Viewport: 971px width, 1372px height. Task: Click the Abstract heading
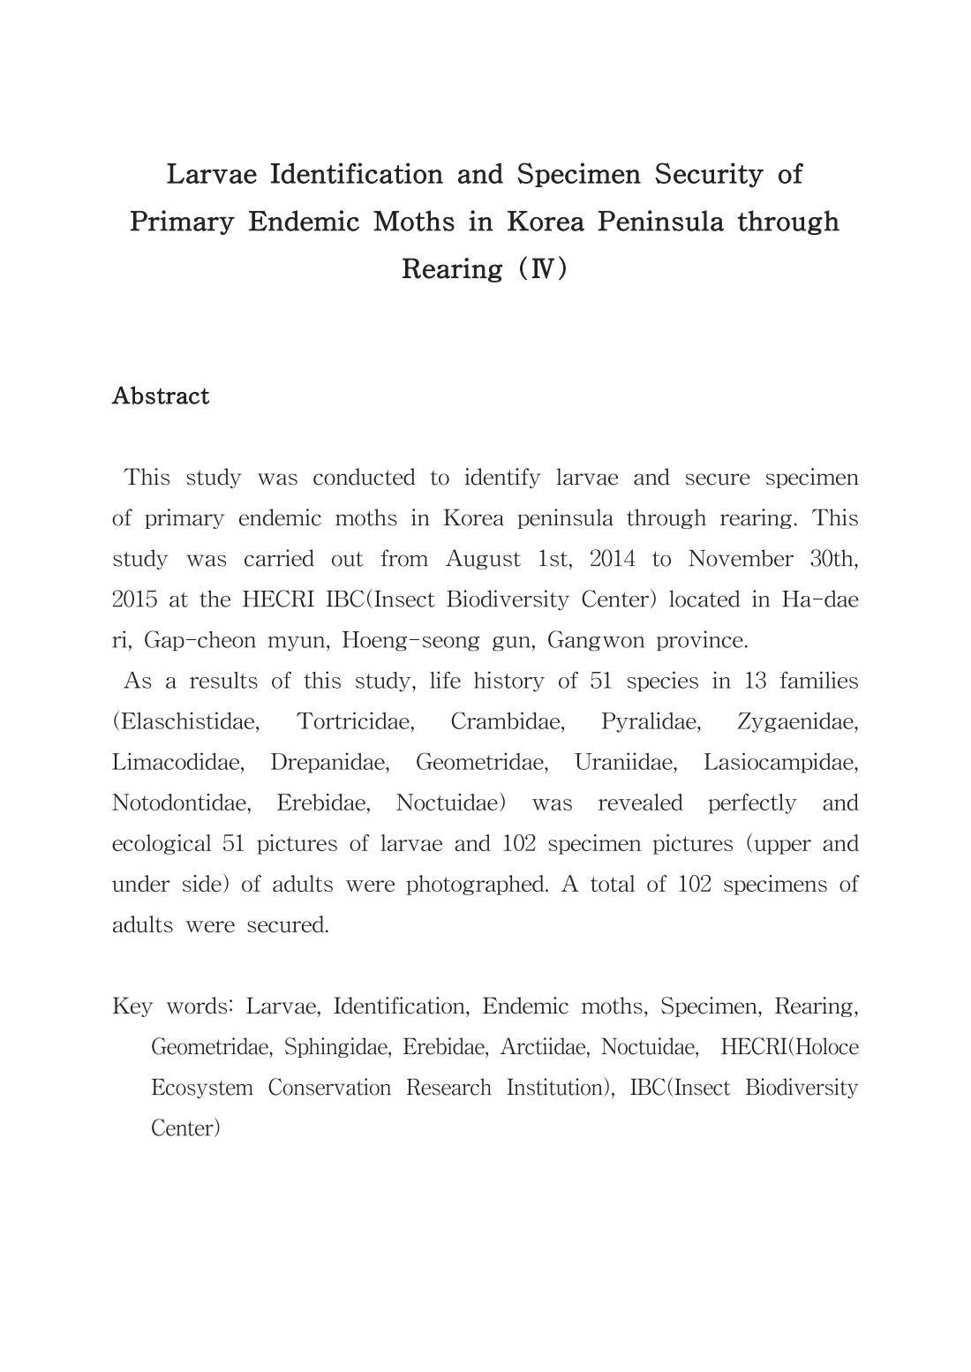point(161,396)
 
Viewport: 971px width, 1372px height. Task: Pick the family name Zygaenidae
point(797,721)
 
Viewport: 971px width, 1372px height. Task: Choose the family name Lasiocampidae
point(780,762)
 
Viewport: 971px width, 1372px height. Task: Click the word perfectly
point(752,803)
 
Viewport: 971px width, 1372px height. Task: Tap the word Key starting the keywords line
point(132,1006)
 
